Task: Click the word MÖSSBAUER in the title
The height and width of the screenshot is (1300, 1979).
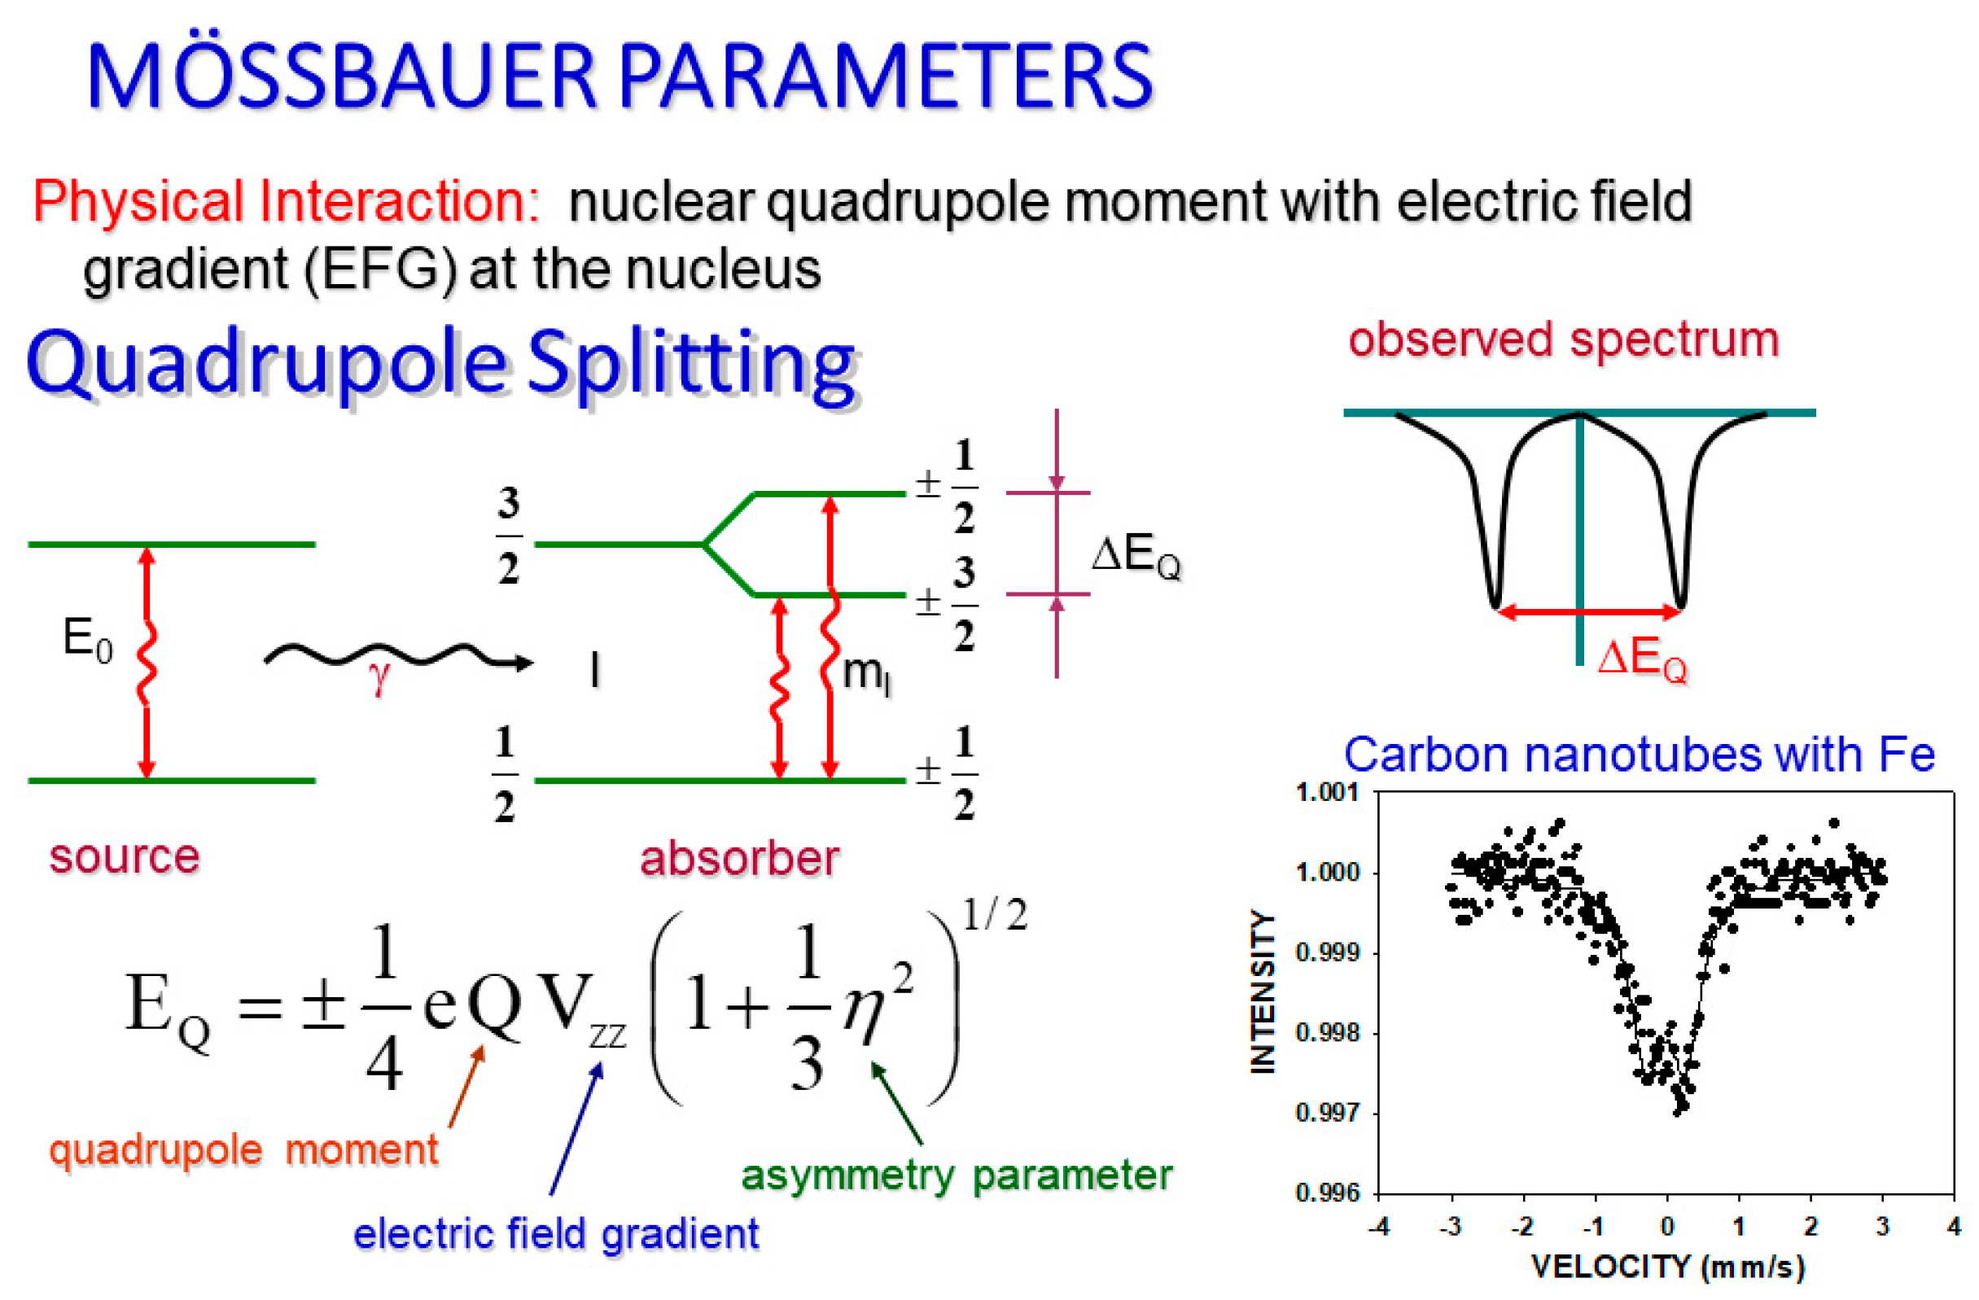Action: click(x=341, y=77)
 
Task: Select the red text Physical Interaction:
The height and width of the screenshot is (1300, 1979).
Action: click(x=286, y=202)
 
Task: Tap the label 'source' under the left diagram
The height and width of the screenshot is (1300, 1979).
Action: click(x=125, y=856)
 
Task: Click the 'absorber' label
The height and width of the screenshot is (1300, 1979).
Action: click(x=739, y=858)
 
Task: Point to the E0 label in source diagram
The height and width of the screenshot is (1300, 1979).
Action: click(x=87, y=641)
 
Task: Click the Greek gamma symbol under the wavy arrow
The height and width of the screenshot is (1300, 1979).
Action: click(x=379, y=678)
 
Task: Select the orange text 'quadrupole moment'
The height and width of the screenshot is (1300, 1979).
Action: click(x=243, y=1150)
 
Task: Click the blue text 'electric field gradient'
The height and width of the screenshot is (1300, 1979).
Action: click(x=555, y=1233)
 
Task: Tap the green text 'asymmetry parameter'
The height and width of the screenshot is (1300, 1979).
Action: click(x=957, y=1175)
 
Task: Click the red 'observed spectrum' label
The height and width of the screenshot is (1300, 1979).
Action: click(x=1563, y=340)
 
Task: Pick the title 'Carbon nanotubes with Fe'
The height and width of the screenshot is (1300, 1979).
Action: click(x=1639, y=755)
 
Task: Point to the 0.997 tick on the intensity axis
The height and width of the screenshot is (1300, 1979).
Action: click(x=1328, y=1112)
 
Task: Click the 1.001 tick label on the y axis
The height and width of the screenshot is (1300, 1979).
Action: click(x=1328, y=792)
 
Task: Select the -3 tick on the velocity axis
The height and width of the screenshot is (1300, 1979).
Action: click(x=1450, y=1226)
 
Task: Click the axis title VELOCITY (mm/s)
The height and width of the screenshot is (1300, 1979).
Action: click(x=1668, y=1267)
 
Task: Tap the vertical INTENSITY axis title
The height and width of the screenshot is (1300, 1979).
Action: click(x=1263, y=991)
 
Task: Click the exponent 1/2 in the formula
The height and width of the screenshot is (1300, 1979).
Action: click(x=995, y=916)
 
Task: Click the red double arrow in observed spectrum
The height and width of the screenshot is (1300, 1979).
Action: click(x=1588, y=613)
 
